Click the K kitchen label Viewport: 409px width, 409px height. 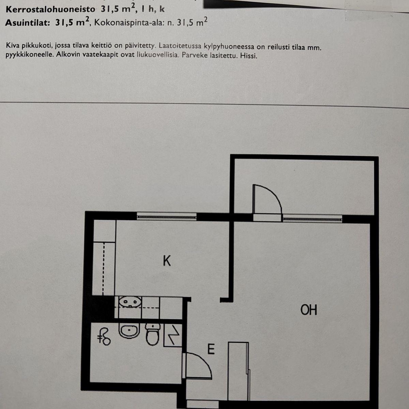click(x=167, y=261)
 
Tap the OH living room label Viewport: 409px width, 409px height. click(x=309, y=310)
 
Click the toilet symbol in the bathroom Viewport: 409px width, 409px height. click(x=153, y=334)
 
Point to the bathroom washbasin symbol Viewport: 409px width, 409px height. click(x=129, y=331)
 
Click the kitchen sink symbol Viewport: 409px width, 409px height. click(x=130, y=302)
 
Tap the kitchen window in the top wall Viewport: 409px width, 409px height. click(x=167, y=217)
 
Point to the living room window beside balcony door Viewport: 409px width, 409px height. click(x=313, y=219)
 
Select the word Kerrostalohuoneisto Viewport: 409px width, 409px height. click(x=50, y=9)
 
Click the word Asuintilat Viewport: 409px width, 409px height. click(x=28, y=22)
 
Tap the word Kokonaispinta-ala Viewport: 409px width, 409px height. click(x=129, y=22)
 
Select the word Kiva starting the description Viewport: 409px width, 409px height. click(x=11, y=45)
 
